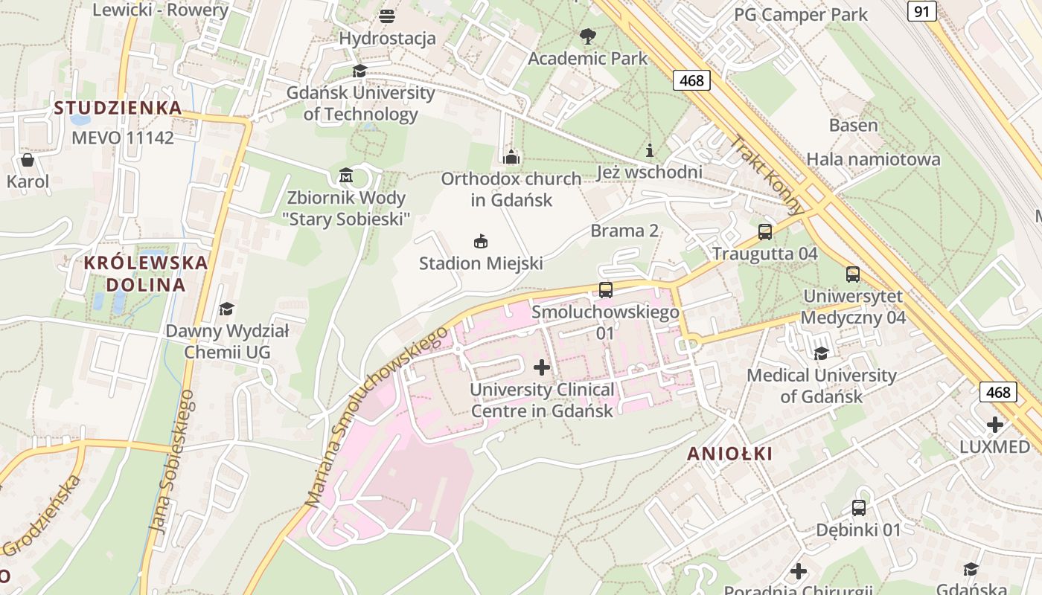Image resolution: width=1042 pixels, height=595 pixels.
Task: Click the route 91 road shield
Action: coord(922,11)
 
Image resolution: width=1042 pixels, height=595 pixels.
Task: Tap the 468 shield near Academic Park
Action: coord(691,80)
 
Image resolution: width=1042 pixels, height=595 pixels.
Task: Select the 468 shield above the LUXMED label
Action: coord(999,392)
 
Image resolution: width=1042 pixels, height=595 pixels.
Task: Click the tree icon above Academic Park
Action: coord(587,36)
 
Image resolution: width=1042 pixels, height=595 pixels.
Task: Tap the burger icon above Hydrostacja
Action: coord(387,16)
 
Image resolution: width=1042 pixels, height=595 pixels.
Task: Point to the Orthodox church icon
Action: coord(511,157)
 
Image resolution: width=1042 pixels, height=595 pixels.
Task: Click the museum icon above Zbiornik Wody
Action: coord(346,176)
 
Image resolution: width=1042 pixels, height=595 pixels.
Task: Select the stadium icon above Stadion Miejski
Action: coord(481,241)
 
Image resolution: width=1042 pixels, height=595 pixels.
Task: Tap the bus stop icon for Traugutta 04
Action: coord(765,232)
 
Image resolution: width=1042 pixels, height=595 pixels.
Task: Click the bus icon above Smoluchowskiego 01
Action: coord(606,290)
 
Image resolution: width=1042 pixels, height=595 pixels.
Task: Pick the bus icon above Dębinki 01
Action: coord(859,508)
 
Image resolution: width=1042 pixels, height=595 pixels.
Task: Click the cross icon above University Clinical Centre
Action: coord(542,367)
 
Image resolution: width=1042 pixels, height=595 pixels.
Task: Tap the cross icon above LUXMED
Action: coord(995,425)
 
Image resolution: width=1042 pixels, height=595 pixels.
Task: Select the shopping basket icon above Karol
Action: coord(28,160)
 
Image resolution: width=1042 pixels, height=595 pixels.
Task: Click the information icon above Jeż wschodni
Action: coord(650,150)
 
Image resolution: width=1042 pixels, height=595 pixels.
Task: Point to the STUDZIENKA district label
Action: coord(118,108)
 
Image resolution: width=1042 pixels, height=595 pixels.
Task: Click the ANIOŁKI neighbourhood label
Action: coord(729,454)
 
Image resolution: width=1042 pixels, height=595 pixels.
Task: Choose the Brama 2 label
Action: coord(624,231)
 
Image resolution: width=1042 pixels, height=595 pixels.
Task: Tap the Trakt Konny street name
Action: coord(767,174)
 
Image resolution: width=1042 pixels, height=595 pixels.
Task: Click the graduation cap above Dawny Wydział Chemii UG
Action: coord(226,309)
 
